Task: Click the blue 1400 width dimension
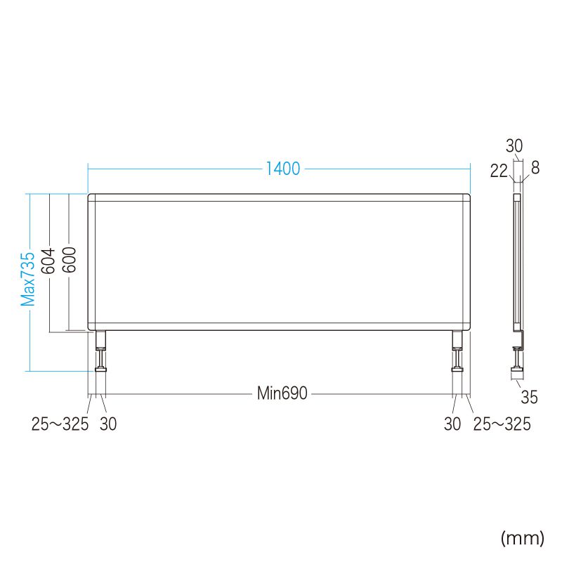pos(283,169)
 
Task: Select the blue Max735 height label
pos(28,279)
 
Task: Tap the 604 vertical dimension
pos(48,261)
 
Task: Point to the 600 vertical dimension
pos(69,260)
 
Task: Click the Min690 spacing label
pos(282,393)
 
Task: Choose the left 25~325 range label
pos(60,424)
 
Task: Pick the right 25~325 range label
pos(502,424)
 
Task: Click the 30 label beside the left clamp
pos(108,424)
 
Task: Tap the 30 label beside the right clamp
pos(452,424)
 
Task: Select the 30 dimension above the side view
pos(514,146)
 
